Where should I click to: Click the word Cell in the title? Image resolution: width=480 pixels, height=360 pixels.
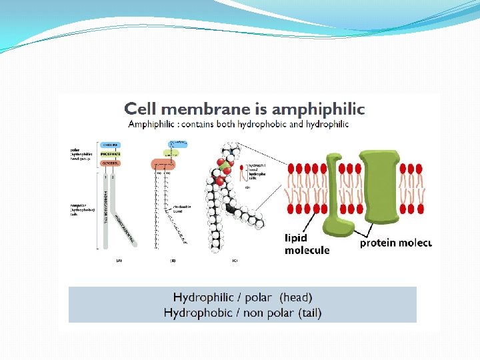pyautogui.click(x=142, y=108)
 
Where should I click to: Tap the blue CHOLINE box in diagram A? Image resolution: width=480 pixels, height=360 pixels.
pyautogui.click(x=110, y=144)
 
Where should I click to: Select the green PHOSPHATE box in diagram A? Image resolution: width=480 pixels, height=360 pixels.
pyautogui.click(x=110, y=153)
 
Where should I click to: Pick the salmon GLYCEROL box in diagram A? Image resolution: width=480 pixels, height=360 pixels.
pyautogui.click(x=110, y=163)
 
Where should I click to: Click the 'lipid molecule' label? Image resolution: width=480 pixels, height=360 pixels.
pyautogui.click(x=307, y=244)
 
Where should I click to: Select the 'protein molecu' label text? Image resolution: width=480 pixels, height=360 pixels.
pyautogui.click(x=396, y=243)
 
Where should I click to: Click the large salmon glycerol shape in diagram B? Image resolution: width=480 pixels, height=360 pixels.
pyautogui.click(x=163, y=163)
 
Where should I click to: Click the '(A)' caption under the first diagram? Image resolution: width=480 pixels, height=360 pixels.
pyautogui.click(x=119, y=260)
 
